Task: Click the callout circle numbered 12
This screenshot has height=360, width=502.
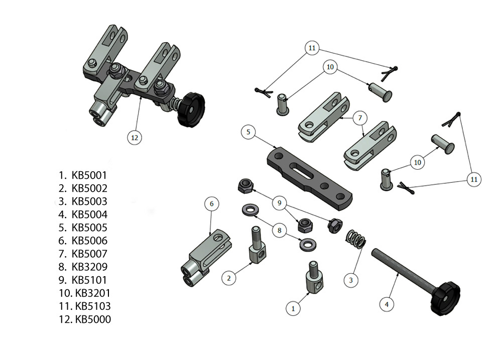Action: point(135,137)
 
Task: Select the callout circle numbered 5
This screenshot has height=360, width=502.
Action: point(248,133)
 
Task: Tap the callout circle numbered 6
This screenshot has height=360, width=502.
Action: point(212,203)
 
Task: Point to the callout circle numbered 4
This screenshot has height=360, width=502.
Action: point(386,304)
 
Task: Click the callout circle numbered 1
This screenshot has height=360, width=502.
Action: point(293,308)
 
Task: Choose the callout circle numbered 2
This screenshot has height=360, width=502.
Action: point(229,277)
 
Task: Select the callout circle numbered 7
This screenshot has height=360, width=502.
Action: point(359,118)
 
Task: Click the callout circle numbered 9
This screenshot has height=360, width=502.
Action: point(280,203)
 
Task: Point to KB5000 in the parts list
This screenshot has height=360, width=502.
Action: point(93,319)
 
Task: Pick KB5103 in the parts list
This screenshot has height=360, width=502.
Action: point(93,306)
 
